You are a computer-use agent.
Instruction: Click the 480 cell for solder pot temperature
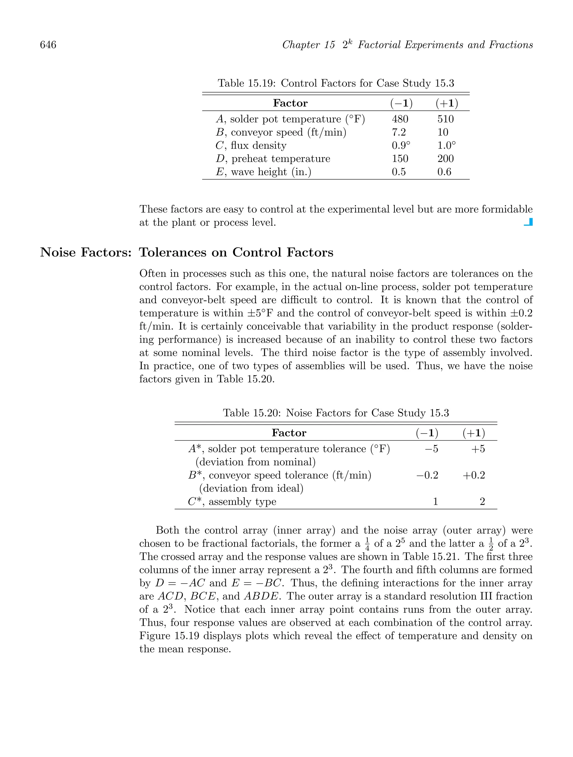click(x=400, y=119)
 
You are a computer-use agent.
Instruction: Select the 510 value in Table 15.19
click(x=445, y=119)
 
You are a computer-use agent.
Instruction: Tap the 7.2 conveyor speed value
click(x=398, y=132)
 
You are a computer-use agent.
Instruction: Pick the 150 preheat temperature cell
click(x=400, y=159)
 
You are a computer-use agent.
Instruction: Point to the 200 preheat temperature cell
click(x=445, y=159)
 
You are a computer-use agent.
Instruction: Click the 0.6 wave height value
click(x=444, y=172)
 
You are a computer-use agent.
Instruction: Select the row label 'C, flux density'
click(x=251, y=145)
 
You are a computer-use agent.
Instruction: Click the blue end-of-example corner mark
click(x=529, y=222)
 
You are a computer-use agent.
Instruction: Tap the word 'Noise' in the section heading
click(x=58, y=252)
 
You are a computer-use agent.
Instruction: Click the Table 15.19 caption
click(x=336, y=83)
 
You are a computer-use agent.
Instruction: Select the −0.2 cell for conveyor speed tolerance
click(x=427, y=475)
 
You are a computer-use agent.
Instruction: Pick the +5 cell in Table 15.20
click(x=478, y=449)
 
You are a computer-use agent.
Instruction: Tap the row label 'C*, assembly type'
click(x=232, y=502)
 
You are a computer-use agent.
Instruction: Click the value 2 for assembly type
click(x=482, y=502)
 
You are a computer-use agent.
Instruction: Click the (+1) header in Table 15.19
click(x=447, y=103)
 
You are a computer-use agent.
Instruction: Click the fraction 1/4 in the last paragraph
click(x=367, y=544)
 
